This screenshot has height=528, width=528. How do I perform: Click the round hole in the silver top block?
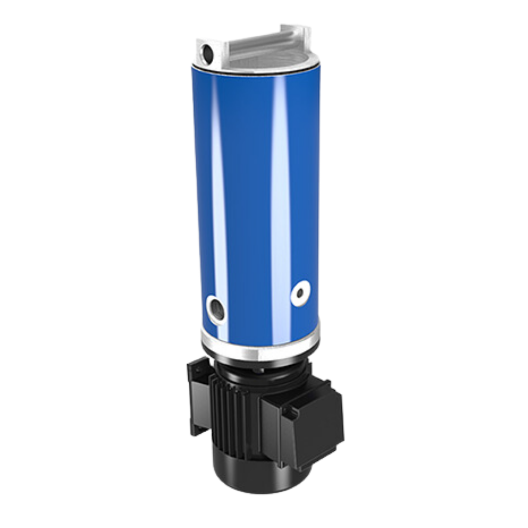pyautogui.click(x=207, y=52)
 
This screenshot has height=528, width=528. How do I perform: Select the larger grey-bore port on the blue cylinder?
pyautogui.click(x=216, y=308)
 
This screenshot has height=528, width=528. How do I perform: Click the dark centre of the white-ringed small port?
pyautogui.click(x=300, y=294)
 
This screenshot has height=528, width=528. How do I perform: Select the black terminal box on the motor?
pyautogui.click(x=308, y=420)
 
